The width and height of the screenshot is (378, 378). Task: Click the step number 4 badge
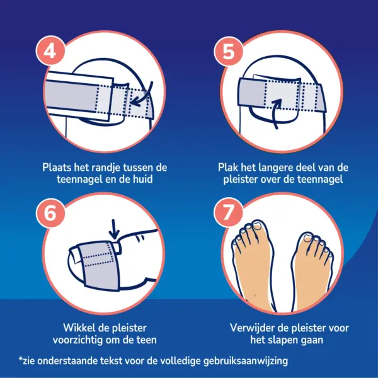(50, 50)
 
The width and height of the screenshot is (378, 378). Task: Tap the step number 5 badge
(229, 50)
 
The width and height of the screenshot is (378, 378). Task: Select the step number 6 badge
(50, 213)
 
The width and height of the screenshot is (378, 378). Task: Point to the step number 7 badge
(229, 213)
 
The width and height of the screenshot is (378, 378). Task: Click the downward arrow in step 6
(114, 229)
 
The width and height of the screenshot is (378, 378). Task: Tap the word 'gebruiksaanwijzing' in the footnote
(246, 361)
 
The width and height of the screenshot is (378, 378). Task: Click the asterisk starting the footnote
(21, 358)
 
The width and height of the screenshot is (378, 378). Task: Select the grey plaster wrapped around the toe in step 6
(100, 265)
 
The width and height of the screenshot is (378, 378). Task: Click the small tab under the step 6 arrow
(117, 248)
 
